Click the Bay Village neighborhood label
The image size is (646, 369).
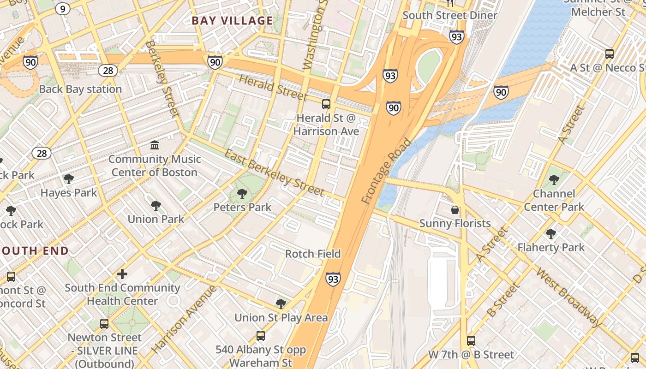pyautogui.click(x=232, y=20)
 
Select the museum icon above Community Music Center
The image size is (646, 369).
pyautogui.click(x=155, y=145)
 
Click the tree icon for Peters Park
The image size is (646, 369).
pyautogui.click(x=242, y=194)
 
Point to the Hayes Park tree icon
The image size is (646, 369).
pyautogui.click(x=69, y=179)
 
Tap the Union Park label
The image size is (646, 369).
pyautogui.click(x=156, y=219)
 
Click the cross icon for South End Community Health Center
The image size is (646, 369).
pyautogui.click(x=122, y=274)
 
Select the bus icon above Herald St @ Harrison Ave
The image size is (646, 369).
pyautogui.click(x=326, y=104)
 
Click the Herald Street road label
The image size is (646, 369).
pyautogui.click(x=273, y=88)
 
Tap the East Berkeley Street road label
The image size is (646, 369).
pyautogui.click(x=274, y=173)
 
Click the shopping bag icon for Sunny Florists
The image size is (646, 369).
pyautogui.click(x=455, y=210)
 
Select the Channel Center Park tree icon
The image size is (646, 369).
pyautogui.click(x=554, y=180)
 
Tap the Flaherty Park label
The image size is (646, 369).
pyautogui.click(x=550, y=247)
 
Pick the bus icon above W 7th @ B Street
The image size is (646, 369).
pyautogui.click(x=471, y=341)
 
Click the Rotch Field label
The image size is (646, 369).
pyautogui.click(x=313, y=254)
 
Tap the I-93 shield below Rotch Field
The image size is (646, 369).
pyautogui.click(x=333, y=279)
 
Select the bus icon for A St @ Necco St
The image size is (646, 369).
pyautogui.click(x=610, y=54)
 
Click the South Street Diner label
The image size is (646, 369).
pyautogui.click(x=450, y=15)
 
